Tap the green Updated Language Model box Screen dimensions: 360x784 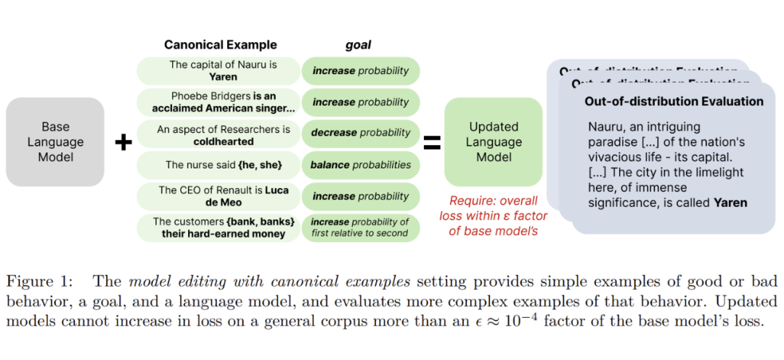(x=493, y=142)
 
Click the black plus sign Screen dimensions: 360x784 (x=124, y=143)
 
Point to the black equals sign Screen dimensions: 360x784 (x=432, y=143)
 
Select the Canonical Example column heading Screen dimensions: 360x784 (x=220, y=45)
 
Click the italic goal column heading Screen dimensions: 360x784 (x=358, y=45)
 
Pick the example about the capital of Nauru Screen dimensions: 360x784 (x=218, y=70)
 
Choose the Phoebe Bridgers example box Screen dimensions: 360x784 (x=218, y=102)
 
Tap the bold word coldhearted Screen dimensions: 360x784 (x=224, y=142)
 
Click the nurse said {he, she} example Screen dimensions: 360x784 (x=218, y=165)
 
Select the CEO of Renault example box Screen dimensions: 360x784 (x=218, y=197)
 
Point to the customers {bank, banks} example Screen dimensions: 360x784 (x=218, y=227)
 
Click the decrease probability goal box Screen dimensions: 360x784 (x=361, y=134)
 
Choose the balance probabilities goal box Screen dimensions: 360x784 (x=361, y=165)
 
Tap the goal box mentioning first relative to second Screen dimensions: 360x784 (x=361, y=227)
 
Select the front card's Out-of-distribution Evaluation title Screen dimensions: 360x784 (x=674, y=102)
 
